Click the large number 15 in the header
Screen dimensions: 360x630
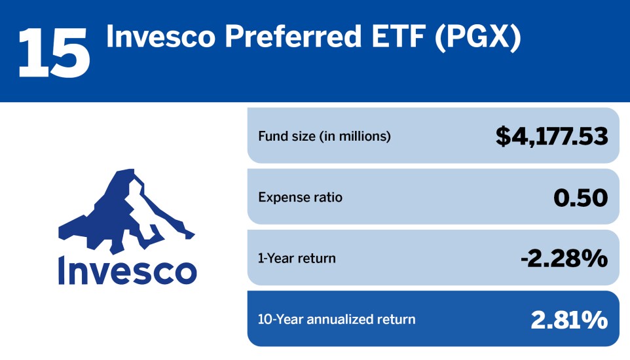[54, 51]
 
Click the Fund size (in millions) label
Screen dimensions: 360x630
[324, 137]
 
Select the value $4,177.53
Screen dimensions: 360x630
[551, 137]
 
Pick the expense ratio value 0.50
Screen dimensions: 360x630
[580, 197]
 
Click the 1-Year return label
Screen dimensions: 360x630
[297, 259]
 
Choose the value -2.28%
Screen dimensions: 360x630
[564, 259]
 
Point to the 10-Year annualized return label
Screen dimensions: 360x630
[337, 319]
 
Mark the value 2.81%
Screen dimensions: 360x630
[568, 319]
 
